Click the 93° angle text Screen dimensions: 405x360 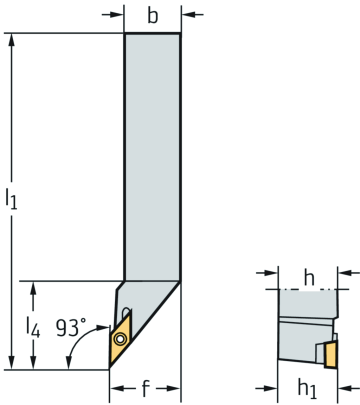(72, 327)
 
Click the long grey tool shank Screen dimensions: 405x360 (152, 150)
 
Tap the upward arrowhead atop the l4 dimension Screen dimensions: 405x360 (35, 288)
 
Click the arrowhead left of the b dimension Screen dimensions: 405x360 (117, 15)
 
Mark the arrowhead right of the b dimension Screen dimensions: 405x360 (188, 15)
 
